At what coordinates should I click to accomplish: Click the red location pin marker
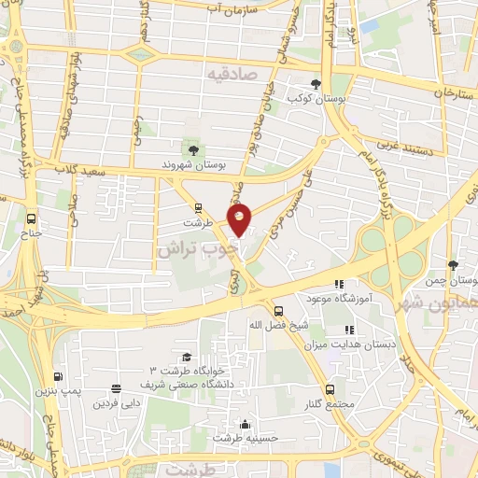pyautogui.click(x=240, y=220)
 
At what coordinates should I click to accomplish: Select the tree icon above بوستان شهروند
pyautogui.click(x=193, y=149)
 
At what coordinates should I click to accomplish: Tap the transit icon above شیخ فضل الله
pyautogui.click(x=277, y=311)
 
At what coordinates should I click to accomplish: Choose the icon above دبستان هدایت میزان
pyautogui.click(x=349, y=330)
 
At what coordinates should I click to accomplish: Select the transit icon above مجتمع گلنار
pyautogui.click(x=330, y=388)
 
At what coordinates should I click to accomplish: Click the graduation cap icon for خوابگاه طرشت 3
pyautogui.click(x=187, y=358)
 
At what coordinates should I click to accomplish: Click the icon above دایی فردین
pyautogui.click(x=116, y=390)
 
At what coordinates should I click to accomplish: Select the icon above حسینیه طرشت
pyautogui.click(x=245, y=423)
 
